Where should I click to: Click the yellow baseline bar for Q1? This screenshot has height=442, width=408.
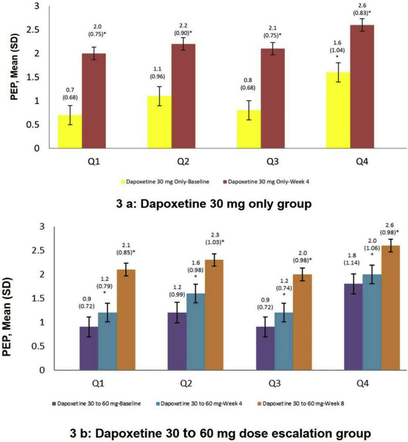(70, 131)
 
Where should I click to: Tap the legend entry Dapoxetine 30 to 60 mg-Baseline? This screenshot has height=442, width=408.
(98, 402)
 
